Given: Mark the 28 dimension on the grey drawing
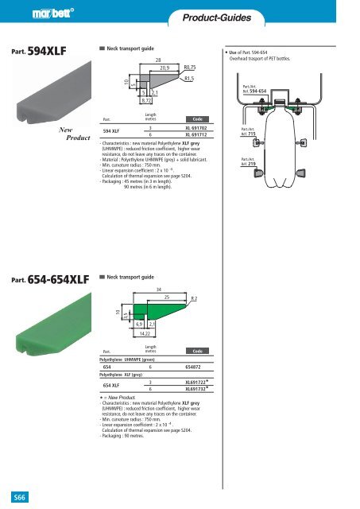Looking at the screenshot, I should coord(158,60).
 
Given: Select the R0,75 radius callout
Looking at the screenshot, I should coord(191,69).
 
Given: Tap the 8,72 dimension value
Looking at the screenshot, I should coord(146,101).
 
